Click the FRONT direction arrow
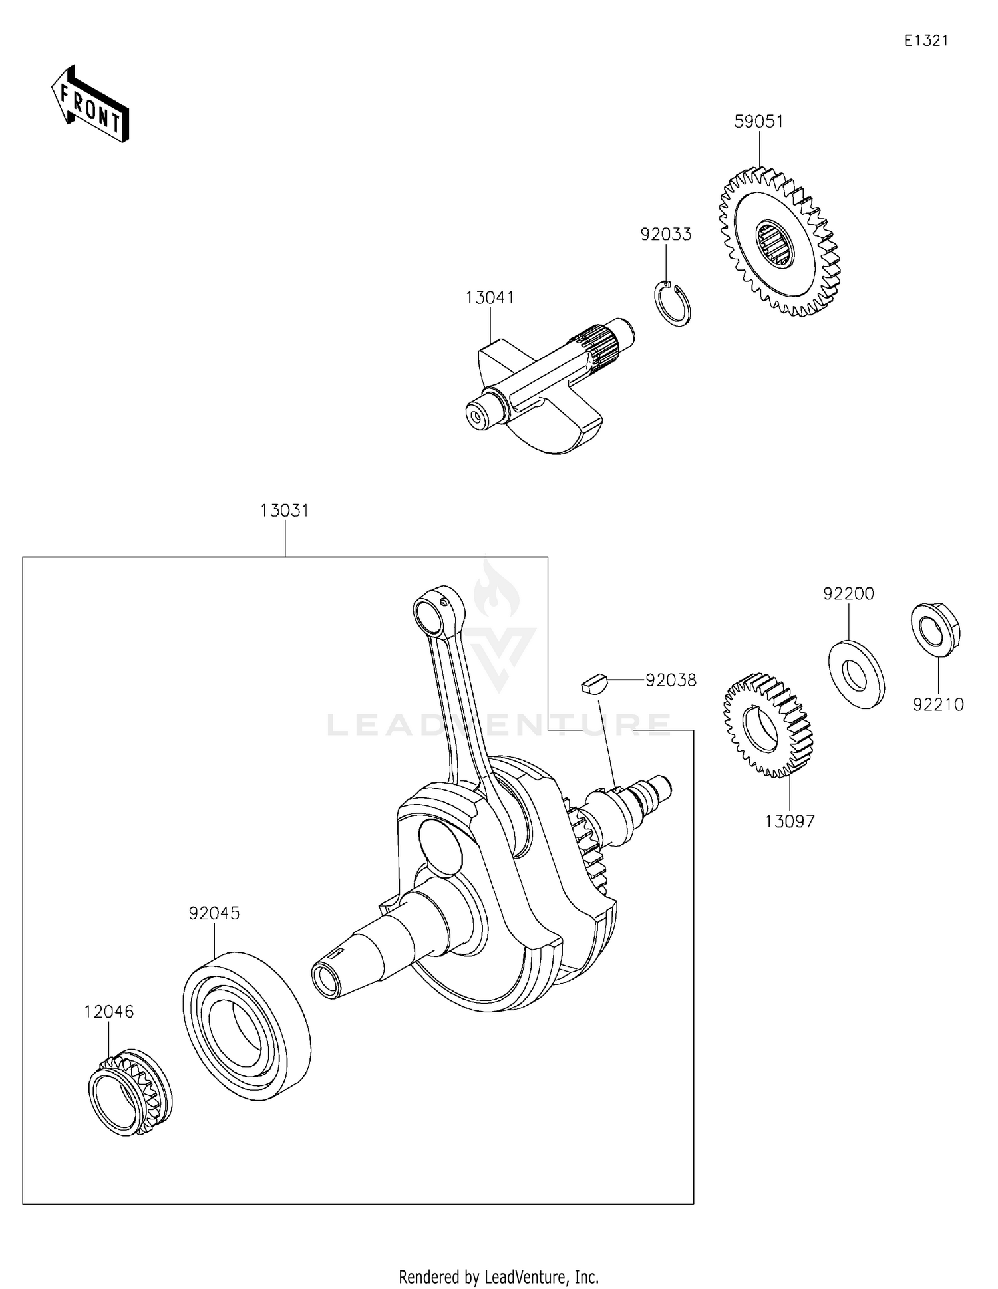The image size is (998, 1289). click(x=90, y=105)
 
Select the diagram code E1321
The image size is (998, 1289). click(x=925, y=41)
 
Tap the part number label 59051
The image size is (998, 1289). click(x=758, y=122)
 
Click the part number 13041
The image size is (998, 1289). click(x=490, y=297)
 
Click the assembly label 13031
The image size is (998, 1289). click(x=285, y=511)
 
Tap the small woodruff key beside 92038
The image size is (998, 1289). click(x=593, y=683)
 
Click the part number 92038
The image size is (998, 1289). click(x=671, y=680)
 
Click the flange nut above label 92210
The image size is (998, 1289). click(x=935, y=629)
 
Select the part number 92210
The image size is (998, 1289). click(x=938, y=705)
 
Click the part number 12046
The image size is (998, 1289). click(x=109, y=1012)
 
